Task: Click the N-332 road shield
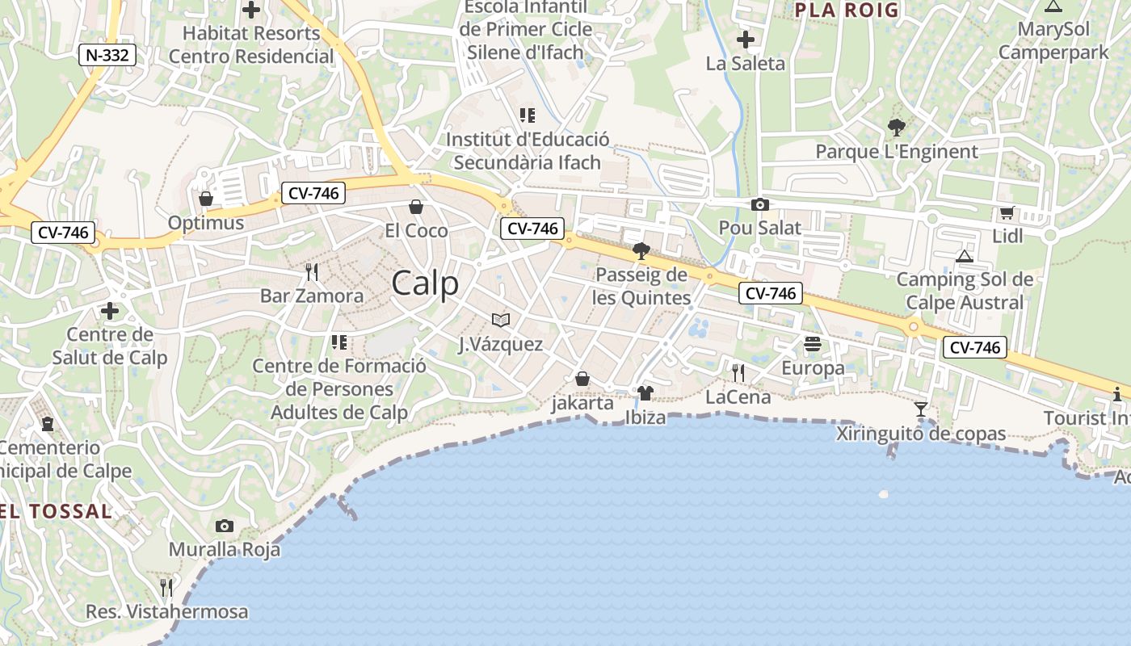pos(107,55)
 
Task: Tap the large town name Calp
pos(425,283)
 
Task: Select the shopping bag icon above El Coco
pos(416,208)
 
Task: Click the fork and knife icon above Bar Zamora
pos(312,271)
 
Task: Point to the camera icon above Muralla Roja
pos(225,526)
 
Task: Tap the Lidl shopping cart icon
pos(1007,213)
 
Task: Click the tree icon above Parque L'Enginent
pos(896,127)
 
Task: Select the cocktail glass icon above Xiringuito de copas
pos(920,409)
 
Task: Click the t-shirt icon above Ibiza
pos(645,393)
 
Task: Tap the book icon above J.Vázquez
pos(501,321)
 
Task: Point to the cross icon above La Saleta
pos(746,39)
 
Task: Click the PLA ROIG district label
pos(847,10)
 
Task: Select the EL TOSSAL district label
pos(57,511)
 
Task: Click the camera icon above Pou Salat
pos(759,204)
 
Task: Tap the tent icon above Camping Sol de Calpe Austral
pos(964,256)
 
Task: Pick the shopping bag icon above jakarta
pos(582,379)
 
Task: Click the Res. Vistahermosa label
pos(167,611)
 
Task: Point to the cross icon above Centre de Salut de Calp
pos(110,311)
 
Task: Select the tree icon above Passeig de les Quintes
pos(641,251)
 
